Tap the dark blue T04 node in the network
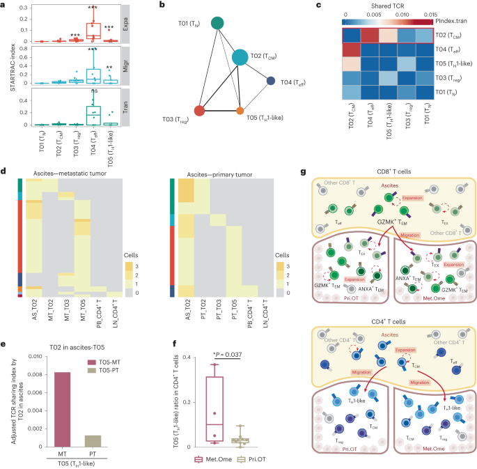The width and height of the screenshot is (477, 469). point(271,82)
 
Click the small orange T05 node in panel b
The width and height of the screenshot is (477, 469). point(240,111)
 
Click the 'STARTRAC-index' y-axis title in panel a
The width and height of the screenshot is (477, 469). point(6,66)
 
